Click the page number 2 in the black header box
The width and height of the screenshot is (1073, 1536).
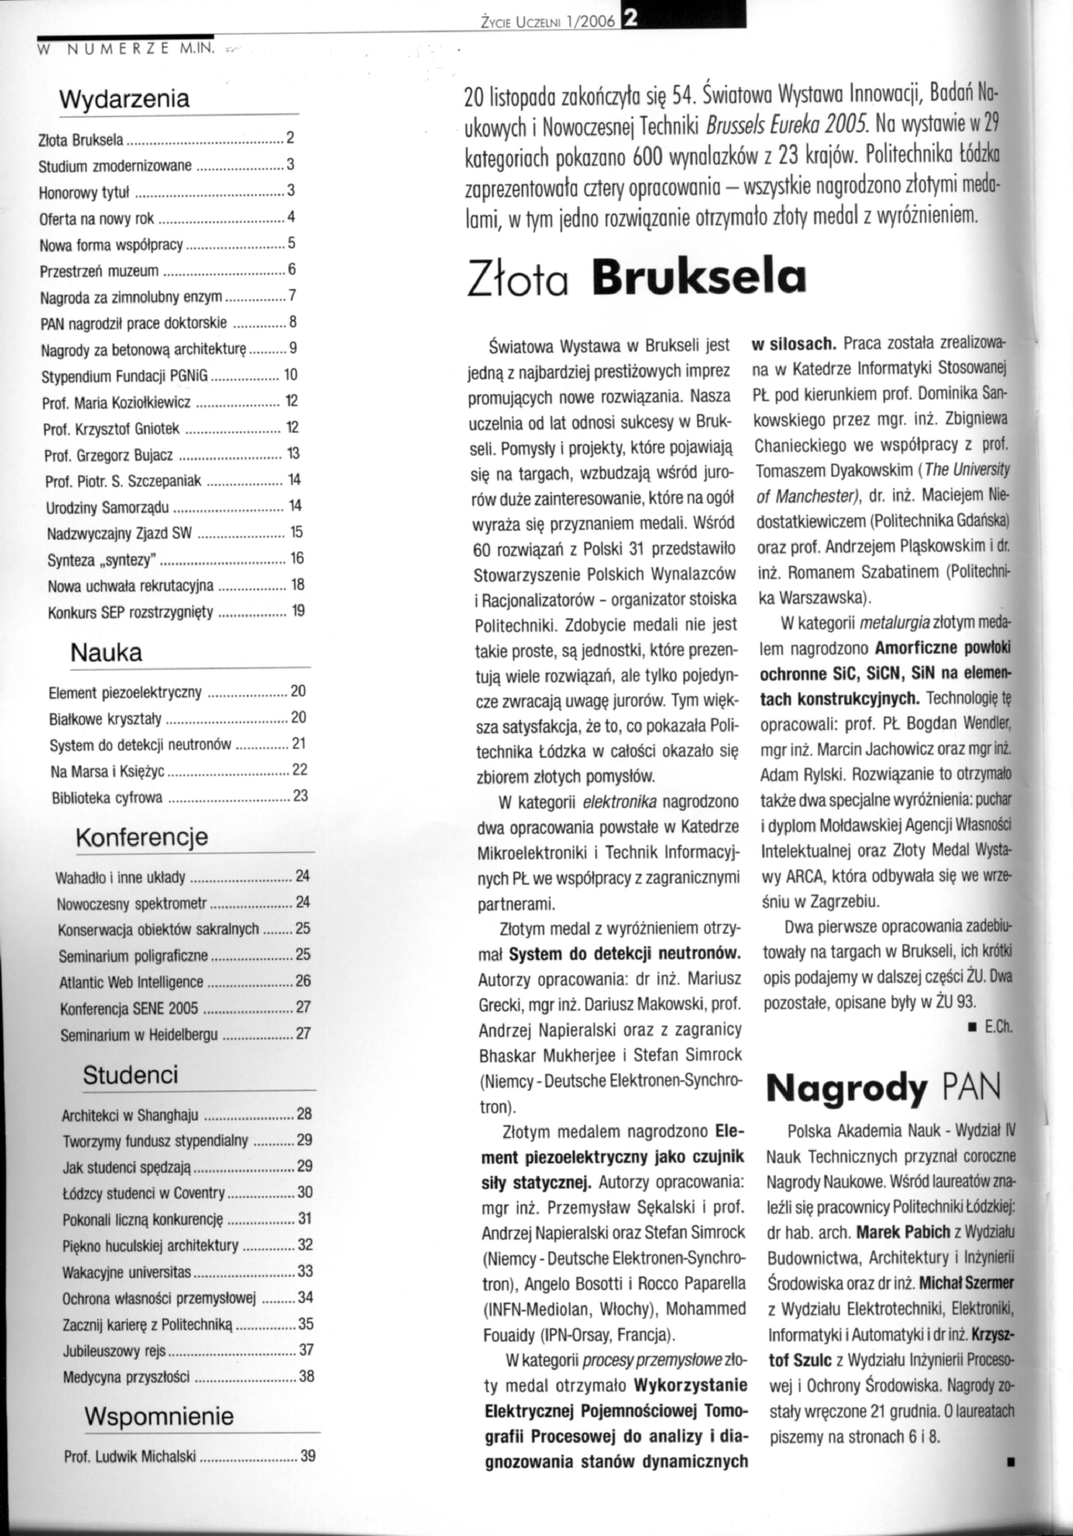[x=629, y=20]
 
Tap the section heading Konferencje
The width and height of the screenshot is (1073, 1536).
[x=142, y=837]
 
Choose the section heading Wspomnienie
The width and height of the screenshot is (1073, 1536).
[x=159, y=1416]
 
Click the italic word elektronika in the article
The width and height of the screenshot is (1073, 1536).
[x=620, y=801]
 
